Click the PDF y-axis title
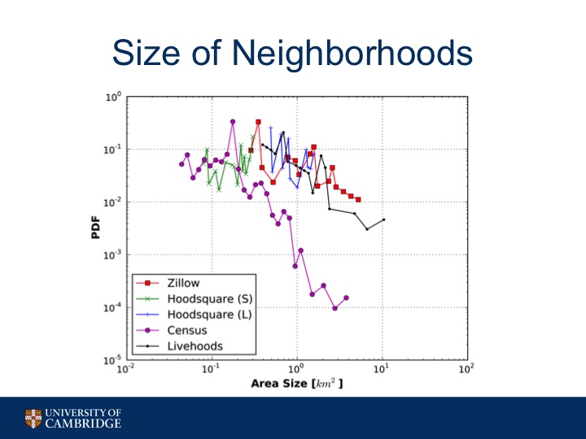click(x=94, y=228)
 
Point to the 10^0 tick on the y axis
click(x=113, y=98)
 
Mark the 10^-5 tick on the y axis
click(x=112, y=360)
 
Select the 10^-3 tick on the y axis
click(x=112, y=255)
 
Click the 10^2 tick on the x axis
click(x=466, y=370)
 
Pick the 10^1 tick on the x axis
click(x=382, y=370)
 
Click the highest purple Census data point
click(x=233, y=122)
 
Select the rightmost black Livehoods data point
click(x=383, y=219)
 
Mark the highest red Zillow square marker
click(x=258, y=122)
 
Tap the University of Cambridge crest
click(x=32, y=418)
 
